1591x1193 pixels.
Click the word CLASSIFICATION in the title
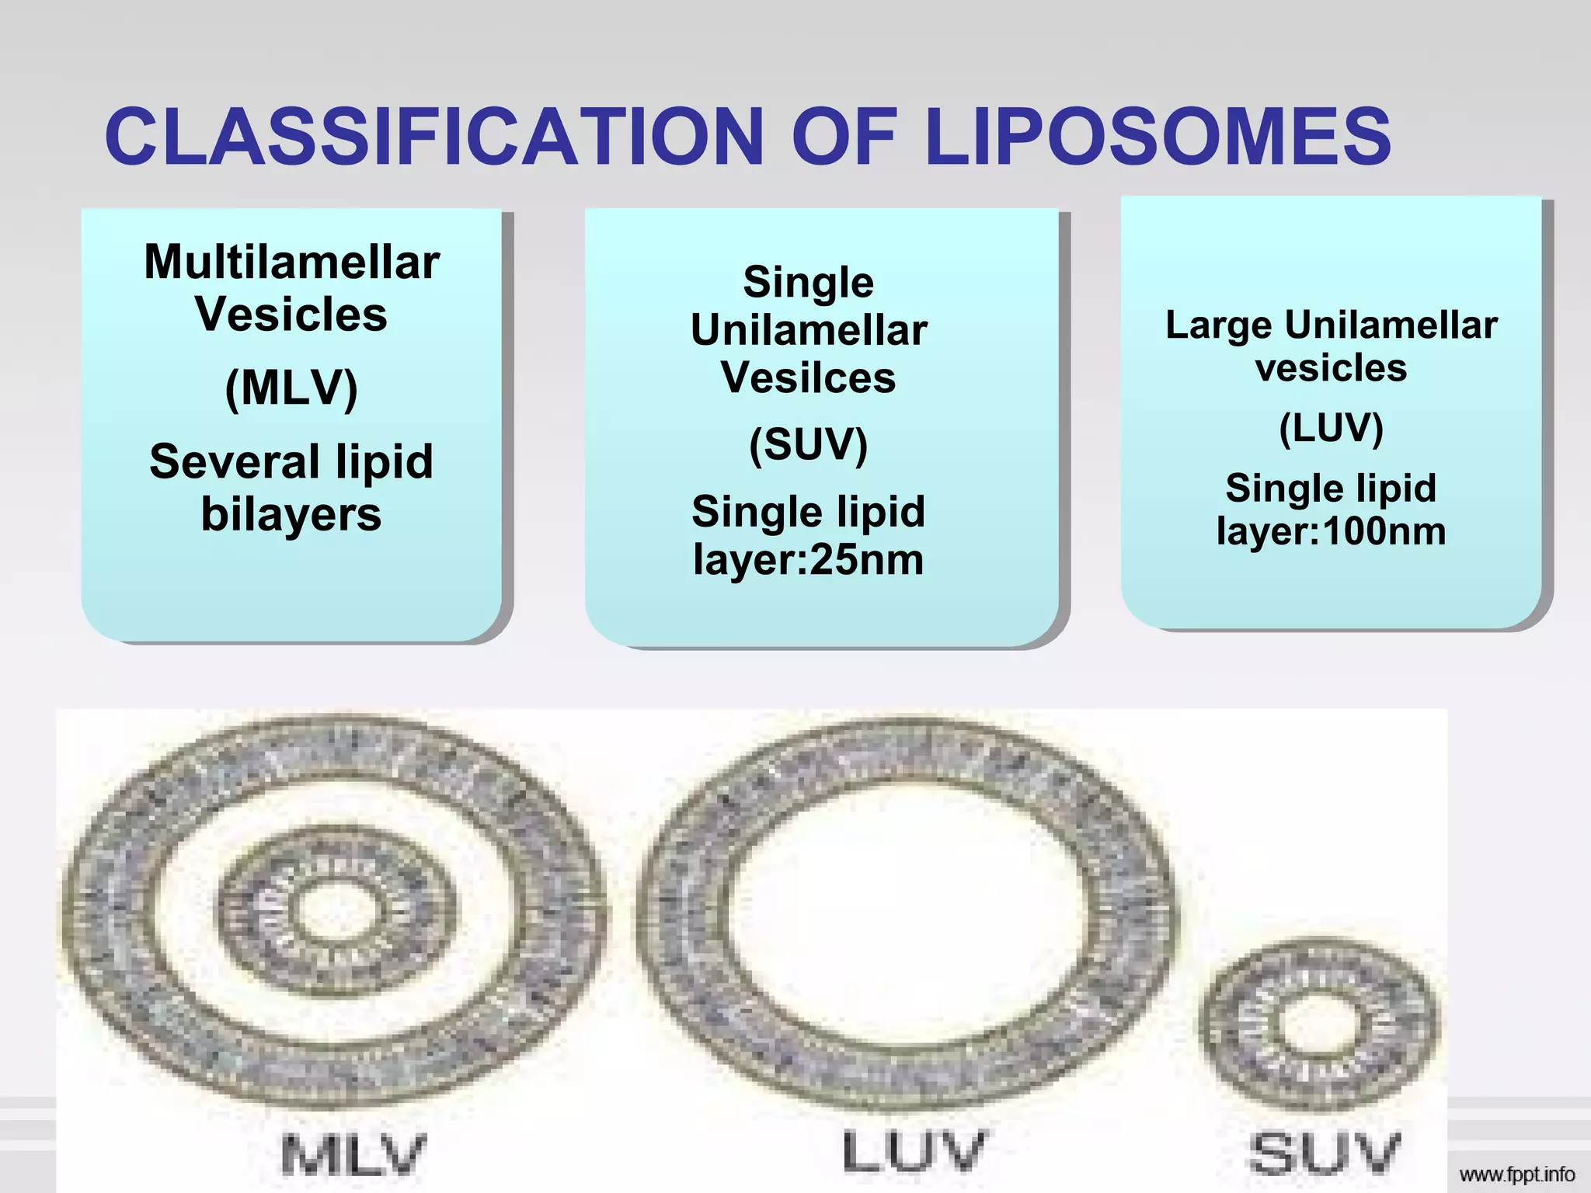tap(435, 137)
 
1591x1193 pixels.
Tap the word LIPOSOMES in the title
tap(1158, 137)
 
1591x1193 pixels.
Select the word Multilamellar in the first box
tap(292, 262)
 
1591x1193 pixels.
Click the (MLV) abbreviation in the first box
tap(291, 388)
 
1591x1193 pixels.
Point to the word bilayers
tap(291, 514)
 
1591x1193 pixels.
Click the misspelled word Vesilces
tap(808, 377)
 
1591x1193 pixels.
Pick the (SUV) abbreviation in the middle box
tap(808, 444)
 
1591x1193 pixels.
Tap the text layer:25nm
tap(808, 559)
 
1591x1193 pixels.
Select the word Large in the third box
tap(1219, 325)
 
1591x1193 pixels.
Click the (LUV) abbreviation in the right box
tap(1331, 428)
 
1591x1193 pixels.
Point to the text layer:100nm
tap(1331, 531)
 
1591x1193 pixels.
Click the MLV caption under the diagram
tap(354, 1155)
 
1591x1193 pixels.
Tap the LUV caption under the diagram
tap(914, 1152)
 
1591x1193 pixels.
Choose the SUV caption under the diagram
tap(1325, 1153)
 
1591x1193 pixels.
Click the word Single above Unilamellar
tap(808, 282)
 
